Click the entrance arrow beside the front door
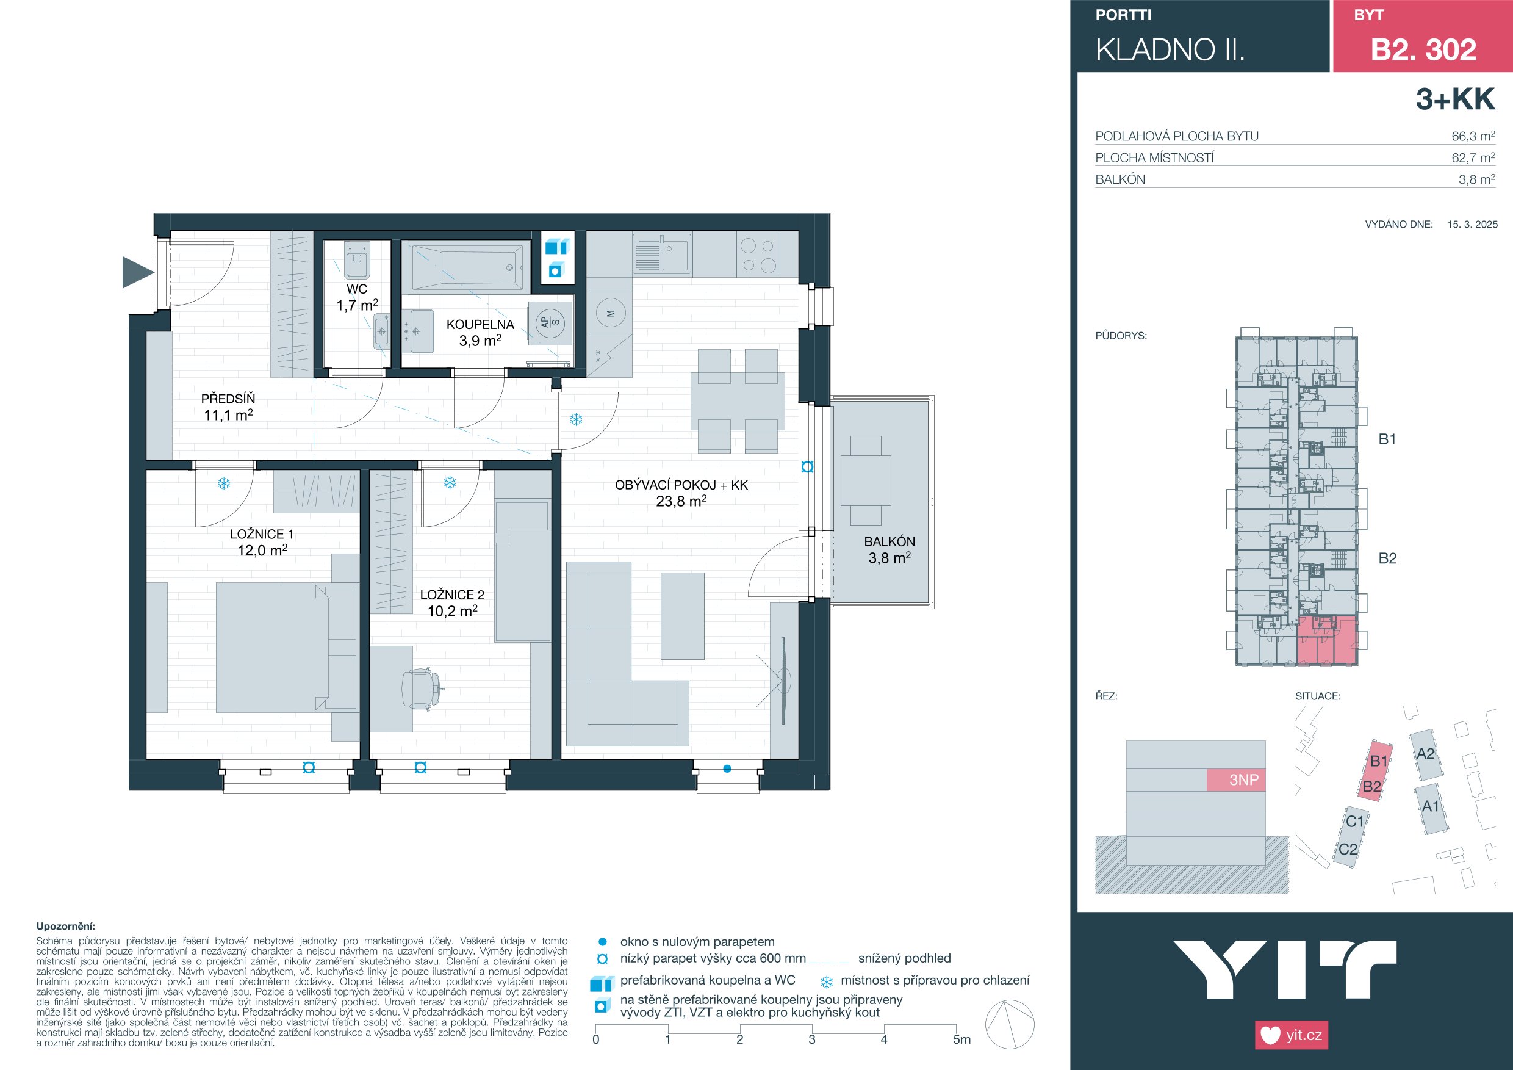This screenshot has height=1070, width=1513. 137,272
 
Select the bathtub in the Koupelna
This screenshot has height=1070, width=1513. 467,267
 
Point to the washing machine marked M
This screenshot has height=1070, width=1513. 611,314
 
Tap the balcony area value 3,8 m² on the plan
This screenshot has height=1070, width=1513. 889,558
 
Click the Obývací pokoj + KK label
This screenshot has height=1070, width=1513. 681,485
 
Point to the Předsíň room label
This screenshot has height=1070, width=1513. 228,399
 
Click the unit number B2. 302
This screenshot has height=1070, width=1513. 1423,50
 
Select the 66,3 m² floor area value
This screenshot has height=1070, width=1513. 1473,137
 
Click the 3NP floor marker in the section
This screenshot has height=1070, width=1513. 1244,780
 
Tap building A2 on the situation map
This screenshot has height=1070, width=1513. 1425,755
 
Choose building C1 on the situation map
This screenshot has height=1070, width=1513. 1355,822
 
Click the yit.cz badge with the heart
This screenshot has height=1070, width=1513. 1292,1035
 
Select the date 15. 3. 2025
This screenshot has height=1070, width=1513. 1473,224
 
